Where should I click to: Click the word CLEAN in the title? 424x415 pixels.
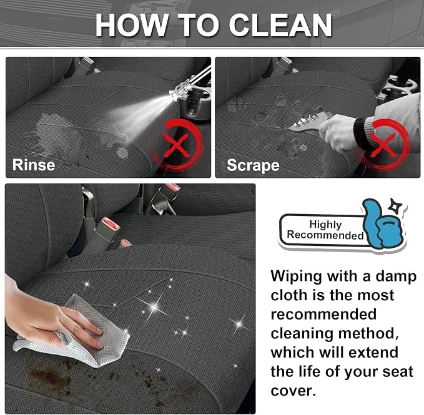280,25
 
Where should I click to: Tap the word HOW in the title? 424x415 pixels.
131,25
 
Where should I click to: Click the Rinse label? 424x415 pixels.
34,165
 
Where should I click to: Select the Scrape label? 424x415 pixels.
253,165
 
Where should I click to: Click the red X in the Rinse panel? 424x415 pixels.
176,145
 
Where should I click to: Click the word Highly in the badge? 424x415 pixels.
325,224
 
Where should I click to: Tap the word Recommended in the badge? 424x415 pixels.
325,235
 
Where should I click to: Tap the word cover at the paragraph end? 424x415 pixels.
293,391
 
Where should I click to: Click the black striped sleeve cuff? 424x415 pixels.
363,132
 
